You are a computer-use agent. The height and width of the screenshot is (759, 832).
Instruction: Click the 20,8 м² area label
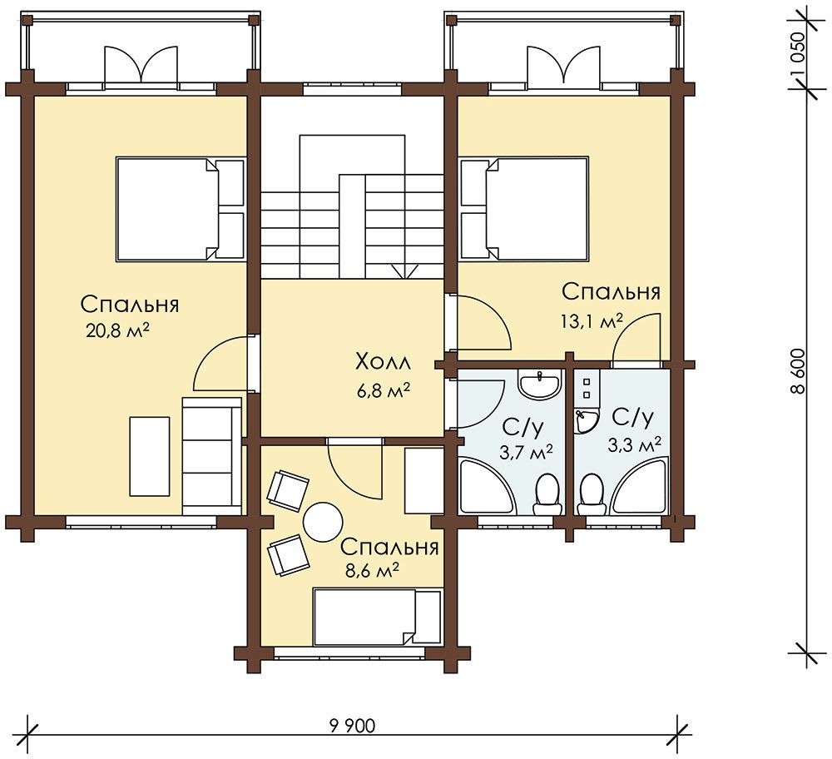[x=117, y=330]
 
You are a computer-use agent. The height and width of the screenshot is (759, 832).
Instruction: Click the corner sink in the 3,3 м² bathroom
[x=585, y=421]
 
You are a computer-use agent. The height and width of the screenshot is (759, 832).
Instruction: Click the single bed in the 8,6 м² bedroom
[x=378, y=616]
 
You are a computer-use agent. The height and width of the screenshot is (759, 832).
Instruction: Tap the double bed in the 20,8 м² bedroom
[x=181, y=209]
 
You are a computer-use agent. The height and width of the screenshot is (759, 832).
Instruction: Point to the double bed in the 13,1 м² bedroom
[x=524, y=209]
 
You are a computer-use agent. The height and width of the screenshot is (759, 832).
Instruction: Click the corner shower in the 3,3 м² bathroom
[x=639, y=487]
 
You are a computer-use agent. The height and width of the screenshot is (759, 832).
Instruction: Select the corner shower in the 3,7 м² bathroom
[x=486, y=487]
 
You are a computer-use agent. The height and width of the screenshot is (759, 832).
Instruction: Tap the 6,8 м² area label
[x=383, y=393]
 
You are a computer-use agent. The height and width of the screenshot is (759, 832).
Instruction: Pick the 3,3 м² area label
[x=635, y=444]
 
